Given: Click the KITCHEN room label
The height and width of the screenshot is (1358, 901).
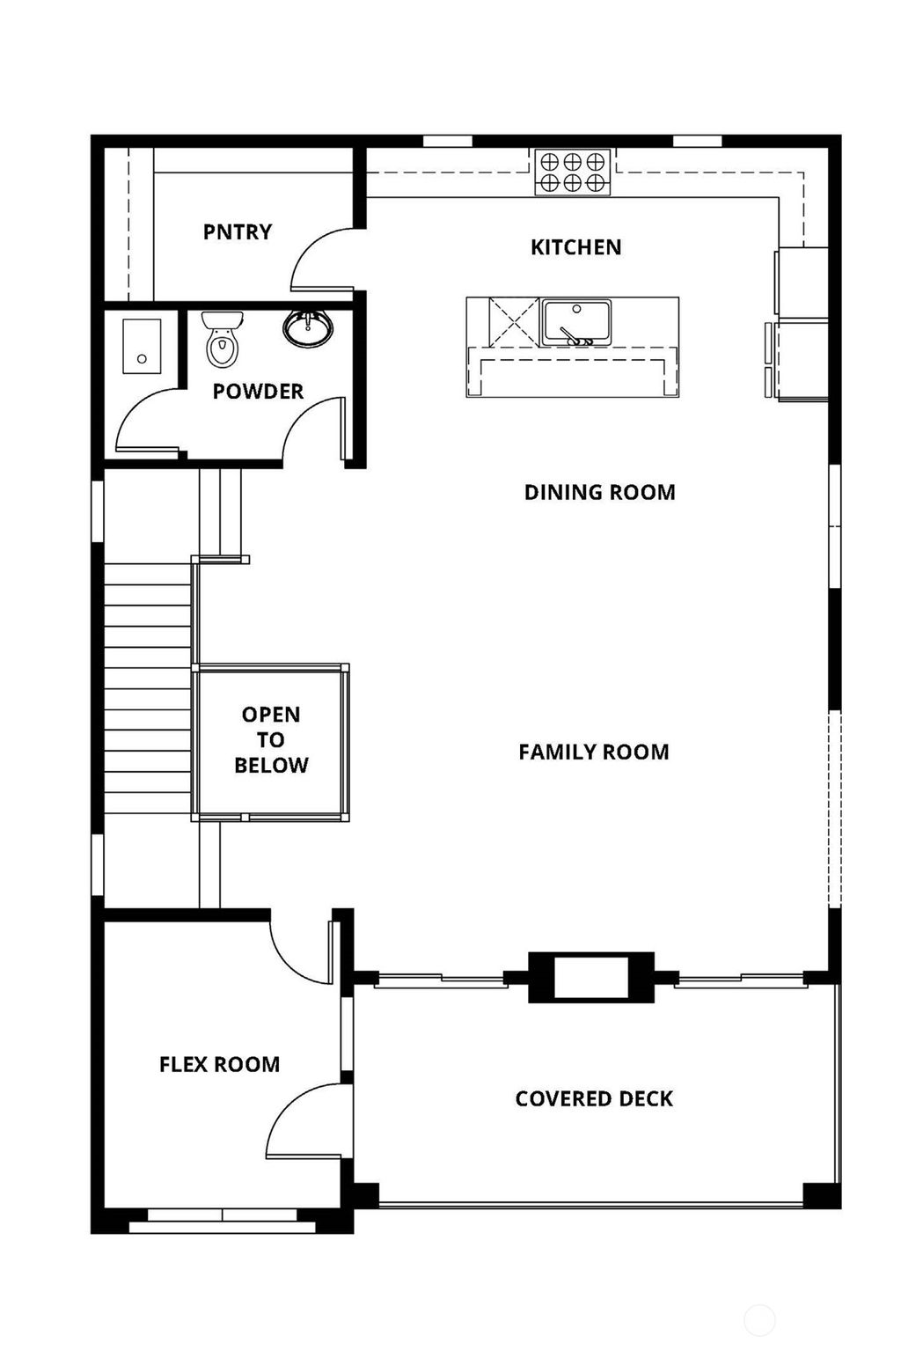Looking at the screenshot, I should pos(575,247).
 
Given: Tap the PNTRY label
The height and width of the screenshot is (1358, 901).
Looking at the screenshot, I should pos(237,231).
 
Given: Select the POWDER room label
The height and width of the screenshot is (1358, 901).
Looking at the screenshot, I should pos(258,391).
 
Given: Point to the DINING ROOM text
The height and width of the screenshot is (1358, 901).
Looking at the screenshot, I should pos(599,492).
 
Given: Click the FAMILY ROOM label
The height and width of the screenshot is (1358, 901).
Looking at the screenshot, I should pos(593,752).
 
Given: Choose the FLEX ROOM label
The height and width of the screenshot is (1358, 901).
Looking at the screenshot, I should pos(219,1064).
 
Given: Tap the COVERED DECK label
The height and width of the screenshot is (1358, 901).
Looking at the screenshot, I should pos(594,1098).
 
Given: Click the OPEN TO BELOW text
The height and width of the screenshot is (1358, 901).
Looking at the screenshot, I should pos(271,739).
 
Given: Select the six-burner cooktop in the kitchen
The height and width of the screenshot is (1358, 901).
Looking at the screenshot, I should pos(573,172).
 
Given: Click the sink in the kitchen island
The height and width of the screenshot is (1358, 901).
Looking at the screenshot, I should pos(576,322).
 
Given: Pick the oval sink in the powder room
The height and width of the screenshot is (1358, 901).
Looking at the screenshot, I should pos(308,327).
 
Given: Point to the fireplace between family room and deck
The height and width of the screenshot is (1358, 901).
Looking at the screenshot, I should pos(590,978).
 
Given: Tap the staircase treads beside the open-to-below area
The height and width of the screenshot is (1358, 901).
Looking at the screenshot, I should pos(148,686).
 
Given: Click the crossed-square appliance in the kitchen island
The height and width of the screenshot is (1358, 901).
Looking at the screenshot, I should pos(513,322).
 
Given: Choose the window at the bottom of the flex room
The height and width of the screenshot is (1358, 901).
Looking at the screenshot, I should pos(222,1215).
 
